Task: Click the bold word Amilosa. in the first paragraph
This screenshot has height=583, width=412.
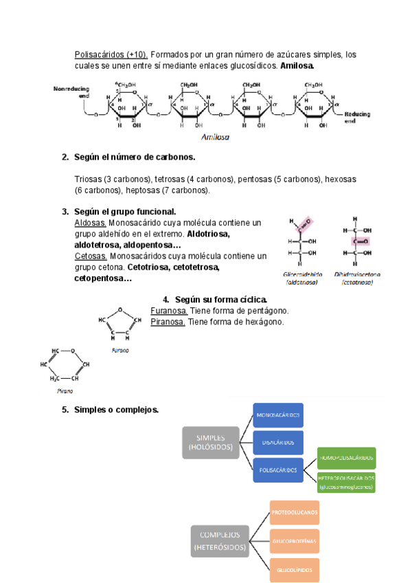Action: point(297,66)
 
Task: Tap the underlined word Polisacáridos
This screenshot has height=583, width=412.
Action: point(110,54)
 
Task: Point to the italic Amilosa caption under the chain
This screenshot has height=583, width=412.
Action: point(216,137)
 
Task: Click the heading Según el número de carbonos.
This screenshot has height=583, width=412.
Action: point(135,157)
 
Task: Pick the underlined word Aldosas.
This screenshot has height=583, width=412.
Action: point(90,223)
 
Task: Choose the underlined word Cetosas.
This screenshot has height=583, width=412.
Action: point(91,256)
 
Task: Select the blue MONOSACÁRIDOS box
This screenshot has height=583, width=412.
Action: point(277,417)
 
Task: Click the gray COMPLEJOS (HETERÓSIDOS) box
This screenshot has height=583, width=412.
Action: point(220,541)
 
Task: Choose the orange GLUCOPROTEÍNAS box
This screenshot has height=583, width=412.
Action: point(295,541)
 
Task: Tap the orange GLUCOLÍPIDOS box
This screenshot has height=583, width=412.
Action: point(295,570)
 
